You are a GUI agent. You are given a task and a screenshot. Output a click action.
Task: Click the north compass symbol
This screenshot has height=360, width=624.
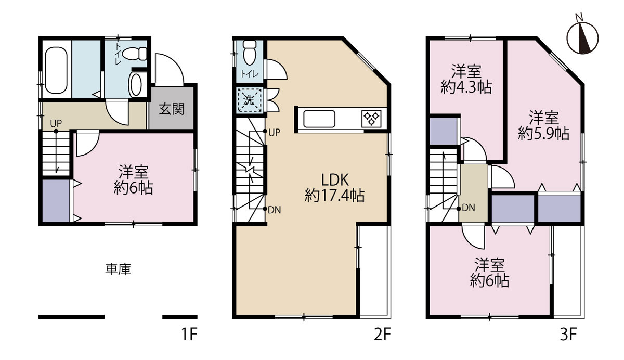pos(582,37)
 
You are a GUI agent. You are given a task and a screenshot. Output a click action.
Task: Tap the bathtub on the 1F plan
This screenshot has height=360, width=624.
pos(56,70)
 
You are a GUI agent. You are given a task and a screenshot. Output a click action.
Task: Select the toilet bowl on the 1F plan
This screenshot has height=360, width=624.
pos(134,53)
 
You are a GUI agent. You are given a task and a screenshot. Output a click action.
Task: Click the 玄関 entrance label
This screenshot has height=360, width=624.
pos(172,109)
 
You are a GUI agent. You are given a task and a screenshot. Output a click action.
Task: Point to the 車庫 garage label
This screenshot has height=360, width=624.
pos(118,269)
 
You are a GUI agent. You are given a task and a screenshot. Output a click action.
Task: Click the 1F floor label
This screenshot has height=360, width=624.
pos(189,334)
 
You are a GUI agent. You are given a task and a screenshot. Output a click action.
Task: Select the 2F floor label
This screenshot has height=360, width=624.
pos(382,334)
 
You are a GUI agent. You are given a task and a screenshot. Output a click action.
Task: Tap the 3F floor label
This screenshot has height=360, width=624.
pos(568,334)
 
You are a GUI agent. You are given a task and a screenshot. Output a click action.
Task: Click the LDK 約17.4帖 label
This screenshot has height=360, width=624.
pos(334,187)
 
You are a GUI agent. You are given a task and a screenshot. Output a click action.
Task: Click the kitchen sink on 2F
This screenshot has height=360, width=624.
pos(319,119)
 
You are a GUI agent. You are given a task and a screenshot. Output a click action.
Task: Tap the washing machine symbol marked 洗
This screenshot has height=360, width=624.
pos(249,100)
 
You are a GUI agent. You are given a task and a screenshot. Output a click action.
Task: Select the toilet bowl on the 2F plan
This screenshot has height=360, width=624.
pos(250,53)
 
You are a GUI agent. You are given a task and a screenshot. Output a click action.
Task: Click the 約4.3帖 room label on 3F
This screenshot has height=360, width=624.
pos(466,87)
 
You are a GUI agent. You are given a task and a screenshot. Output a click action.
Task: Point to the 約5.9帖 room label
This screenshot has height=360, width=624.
pos(543,134)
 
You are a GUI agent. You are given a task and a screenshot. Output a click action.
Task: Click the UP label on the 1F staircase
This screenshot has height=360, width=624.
pos(56,123)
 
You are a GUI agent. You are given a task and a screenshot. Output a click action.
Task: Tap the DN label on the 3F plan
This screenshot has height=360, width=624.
pos(469,208)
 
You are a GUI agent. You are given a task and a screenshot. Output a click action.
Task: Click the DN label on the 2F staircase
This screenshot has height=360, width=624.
pos(274,210)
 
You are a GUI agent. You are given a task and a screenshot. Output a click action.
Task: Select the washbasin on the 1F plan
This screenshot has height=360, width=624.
pos(136,85)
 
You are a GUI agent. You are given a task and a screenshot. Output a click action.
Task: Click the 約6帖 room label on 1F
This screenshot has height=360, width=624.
pos(133,188)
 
